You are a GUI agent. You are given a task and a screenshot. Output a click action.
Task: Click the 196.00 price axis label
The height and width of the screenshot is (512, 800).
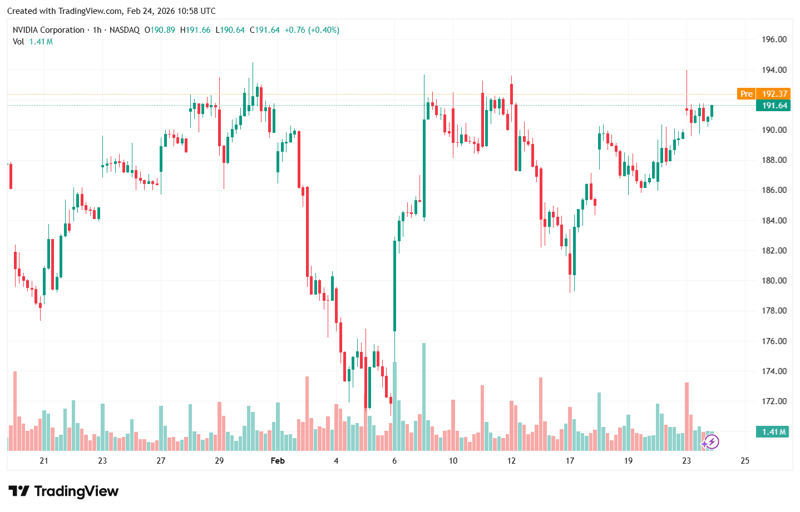774,39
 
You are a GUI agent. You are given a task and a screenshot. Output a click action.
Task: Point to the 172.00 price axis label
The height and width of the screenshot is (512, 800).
774,401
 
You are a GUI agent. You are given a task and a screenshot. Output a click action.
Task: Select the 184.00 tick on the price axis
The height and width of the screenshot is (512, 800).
774,221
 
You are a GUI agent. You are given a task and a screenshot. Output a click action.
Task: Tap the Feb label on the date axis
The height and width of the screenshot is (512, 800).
278,461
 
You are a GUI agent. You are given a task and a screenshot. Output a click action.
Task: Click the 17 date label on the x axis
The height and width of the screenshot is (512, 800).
570,461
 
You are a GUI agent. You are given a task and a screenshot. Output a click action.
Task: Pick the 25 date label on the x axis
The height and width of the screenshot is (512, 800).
745,461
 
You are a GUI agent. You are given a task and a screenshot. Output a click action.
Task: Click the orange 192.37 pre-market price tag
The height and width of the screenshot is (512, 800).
774,94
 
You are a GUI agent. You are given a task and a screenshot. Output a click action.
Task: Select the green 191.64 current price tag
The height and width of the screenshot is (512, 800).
774,106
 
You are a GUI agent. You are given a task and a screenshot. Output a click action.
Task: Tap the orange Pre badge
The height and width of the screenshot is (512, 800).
746,94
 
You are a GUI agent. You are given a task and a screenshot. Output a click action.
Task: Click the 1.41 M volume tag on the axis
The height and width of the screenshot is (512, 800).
773,432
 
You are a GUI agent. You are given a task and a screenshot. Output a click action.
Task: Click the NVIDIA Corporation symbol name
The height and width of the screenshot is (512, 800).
48,30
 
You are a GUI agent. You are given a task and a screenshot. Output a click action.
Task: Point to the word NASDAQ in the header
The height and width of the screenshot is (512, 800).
125,30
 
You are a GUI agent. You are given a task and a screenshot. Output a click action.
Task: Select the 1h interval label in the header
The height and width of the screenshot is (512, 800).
97,30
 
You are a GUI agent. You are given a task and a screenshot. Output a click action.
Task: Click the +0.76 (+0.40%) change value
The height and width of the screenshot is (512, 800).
312,30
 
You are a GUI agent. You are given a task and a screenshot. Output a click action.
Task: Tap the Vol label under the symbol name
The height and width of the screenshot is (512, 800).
18,42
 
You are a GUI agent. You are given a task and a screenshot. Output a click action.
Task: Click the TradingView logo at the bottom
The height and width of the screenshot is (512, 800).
63,491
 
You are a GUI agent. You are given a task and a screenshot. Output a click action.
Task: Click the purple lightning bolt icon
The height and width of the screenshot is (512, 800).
710,443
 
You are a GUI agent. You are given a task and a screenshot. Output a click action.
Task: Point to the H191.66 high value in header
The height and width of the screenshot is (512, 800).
195,30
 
